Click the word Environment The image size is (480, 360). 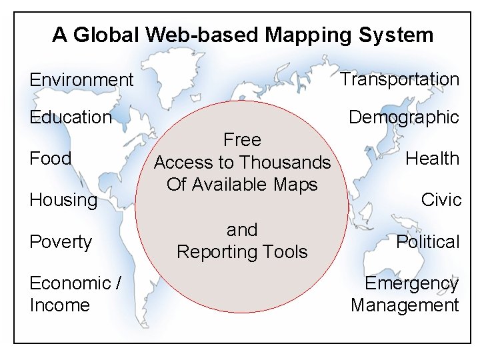(x=81, y=80)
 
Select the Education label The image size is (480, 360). (x=71, y=117)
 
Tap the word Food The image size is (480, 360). (x=50, y=159)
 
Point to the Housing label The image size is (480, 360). (x=63, y=200)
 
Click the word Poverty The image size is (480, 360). (x=61, y=241)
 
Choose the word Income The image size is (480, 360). (x=59, y=305)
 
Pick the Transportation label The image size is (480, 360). (x=399, y=79)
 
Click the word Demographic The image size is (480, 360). (x=404, y=117)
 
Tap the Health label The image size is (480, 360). (x=433, y=159)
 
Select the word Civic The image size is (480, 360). (x=441, y=200)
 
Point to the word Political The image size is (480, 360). (x=428, y=241)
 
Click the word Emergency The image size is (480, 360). (x=411, y=283)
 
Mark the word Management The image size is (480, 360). (x=405, y=305)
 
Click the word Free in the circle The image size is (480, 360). (x=242, y=140)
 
